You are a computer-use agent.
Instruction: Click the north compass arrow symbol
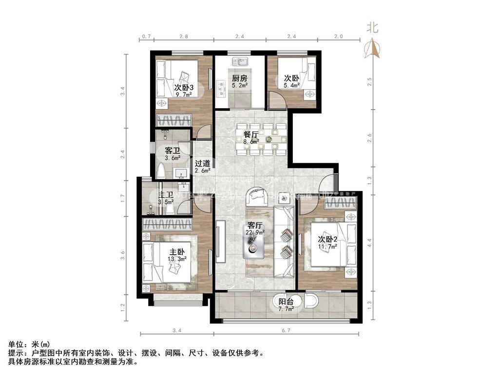pyautogui.click(x=373, y=48)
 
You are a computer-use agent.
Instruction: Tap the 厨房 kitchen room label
pyautogui.click(x=239, y=78)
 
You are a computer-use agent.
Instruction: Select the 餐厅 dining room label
pyautogui.click(x=250, y=135)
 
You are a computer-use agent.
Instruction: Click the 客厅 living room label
pyautogui.click(x=255, y=225)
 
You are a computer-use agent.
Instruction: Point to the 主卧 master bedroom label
pyautogui.click(x=177, y=252)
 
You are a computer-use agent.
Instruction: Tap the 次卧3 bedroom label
pyautogui.click(x=184, y=88)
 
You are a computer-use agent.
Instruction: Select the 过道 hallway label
pyautogui.click(x=202, y=164)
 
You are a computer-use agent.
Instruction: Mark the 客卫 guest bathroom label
pyautogui.click(x=173, y=150)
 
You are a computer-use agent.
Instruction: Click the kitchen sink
pyautogui.click(x=240, y=62)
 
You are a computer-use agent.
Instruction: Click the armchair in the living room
pyautogui.click(x=257, y=196)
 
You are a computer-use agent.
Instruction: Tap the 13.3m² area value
pyautogui.click(x=177, y=260)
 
